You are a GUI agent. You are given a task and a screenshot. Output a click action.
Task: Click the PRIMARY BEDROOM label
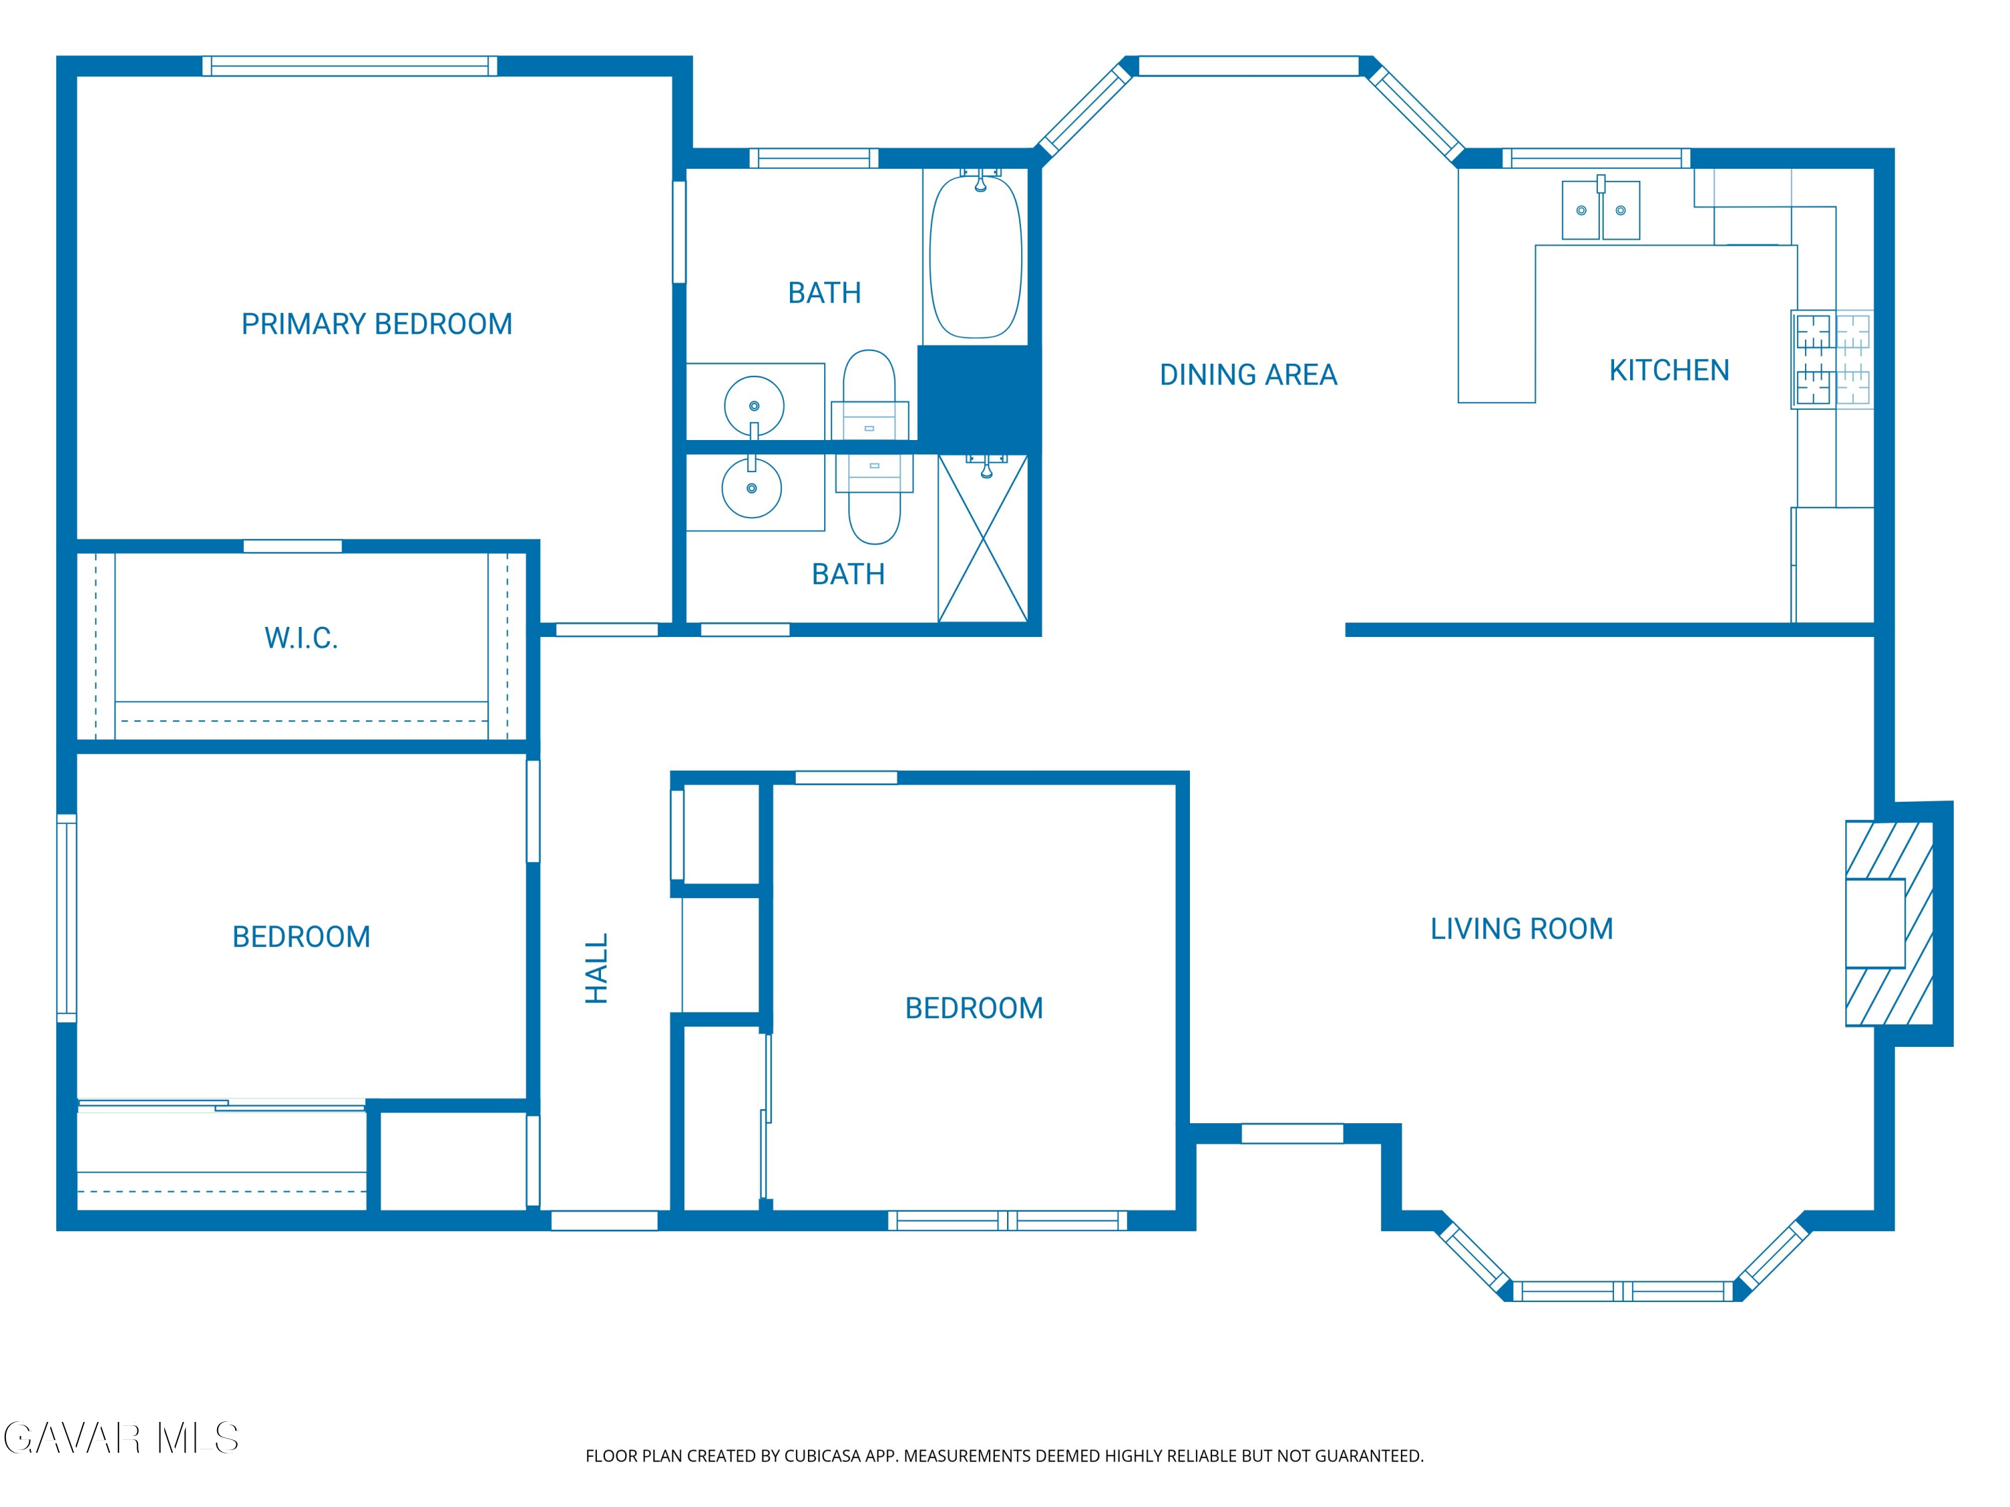click(376, 324)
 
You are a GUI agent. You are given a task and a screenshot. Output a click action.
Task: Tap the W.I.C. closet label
click(301, 638)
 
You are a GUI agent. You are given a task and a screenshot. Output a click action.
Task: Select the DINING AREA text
click(1248, 374)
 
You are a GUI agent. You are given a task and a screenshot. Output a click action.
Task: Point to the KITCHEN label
click(1668, 370)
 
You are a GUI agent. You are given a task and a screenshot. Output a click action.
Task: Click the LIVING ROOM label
click(1521, 928)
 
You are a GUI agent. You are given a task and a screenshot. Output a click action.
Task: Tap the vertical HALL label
click(596, 968)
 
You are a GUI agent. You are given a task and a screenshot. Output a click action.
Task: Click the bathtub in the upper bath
click(976, 256)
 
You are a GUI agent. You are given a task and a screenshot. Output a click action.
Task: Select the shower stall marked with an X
click(983, 539)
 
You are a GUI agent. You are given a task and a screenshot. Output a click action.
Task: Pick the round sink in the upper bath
click(754, 406)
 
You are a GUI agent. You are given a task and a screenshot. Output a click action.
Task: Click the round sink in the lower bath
click(752, 488)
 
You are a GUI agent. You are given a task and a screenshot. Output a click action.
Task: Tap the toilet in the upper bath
click(870, 395)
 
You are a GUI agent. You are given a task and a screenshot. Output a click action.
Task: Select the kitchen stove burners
click(1832, 359)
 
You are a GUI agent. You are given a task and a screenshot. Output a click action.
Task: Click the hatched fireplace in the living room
click(1889, 924)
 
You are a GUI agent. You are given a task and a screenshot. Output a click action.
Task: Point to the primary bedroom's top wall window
click(350, 66)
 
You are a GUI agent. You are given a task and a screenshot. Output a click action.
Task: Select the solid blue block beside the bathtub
click(979, 394)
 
